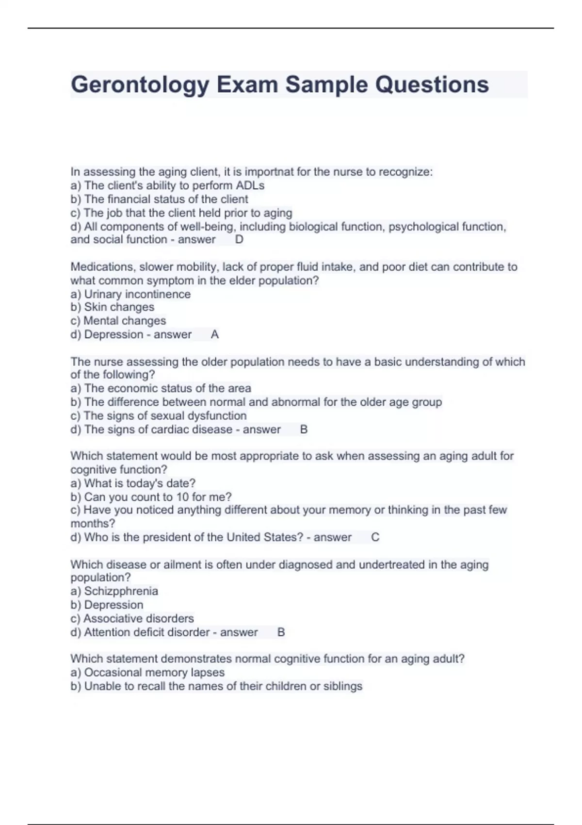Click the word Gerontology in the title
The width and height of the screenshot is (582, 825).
coord(140,85)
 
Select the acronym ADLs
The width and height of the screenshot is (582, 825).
coord(250,185)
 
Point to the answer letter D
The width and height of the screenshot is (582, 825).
coord(239,239)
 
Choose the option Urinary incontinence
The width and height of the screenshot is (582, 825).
coord(137,294)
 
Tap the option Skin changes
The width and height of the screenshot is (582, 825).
coord(119,307)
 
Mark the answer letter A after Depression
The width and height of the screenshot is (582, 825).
coord(215,334)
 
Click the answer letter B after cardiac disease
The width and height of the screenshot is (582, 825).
coord(304,429)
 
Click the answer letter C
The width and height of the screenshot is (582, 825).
coord(375,537)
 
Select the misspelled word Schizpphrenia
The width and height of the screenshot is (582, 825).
coord(121,591)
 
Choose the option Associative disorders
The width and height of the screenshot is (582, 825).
coord(138,618)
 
